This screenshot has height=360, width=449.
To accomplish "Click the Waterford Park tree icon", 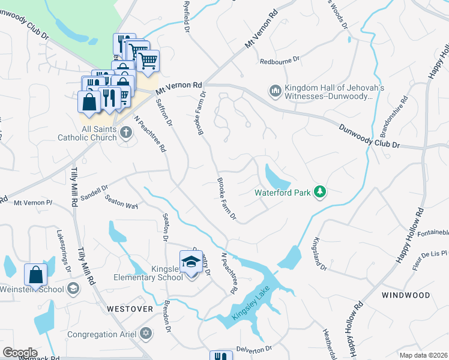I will tap(321, 191).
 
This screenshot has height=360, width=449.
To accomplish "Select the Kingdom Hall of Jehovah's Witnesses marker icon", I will tap(276, 91).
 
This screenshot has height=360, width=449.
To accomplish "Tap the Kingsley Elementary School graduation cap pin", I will tap(191, 263).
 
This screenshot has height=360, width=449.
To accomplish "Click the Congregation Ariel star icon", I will tap(146, 333).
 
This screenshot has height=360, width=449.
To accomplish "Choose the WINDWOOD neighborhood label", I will tap(406, 295).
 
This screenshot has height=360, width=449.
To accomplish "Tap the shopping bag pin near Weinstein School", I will tap(36, 275).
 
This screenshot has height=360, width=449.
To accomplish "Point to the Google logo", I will tap(20, 352).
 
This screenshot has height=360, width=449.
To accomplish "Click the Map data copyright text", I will tap(423, 355).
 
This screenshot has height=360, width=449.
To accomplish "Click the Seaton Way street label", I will tap(122, 202).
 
